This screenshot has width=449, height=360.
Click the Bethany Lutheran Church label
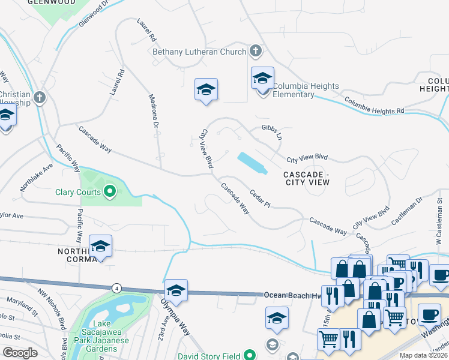[199, 52]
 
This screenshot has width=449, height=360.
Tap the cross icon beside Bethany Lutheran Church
[256, 51]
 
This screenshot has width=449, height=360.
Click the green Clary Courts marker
[110, 192]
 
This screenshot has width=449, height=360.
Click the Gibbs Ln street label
[271, 132]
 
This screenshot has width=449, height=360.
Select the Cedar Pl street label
[260, 200]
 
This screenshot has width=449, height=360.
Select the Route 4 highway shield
[115, 288]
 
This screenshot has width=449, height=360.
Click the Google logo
[20, 353]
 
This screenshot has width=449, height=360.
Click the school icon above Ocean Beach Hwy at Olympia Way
[176, 290]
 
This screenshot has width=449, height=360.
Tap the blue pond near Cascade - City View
[253, 163]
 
